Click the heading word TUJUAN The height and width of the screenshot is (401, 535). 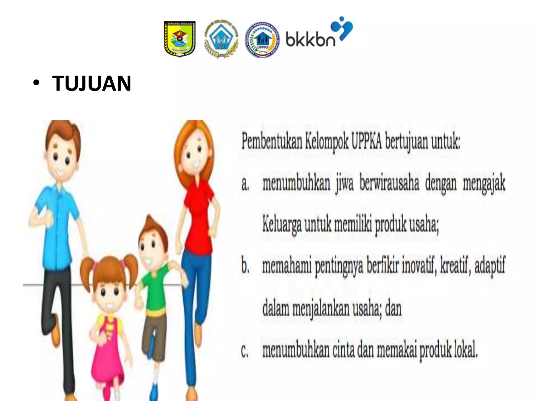click(x=91, y=83)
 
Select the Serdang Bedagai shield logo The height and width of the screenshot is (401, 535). click(x=179, y=39)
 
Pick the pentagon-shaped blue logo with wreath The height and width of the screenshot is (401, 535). click(x=221, y=39)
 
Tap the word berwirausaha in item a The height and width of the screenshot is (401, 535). click(x=389, y=183)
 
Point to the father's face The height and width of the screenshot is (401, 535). click(x=61, y=157)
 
